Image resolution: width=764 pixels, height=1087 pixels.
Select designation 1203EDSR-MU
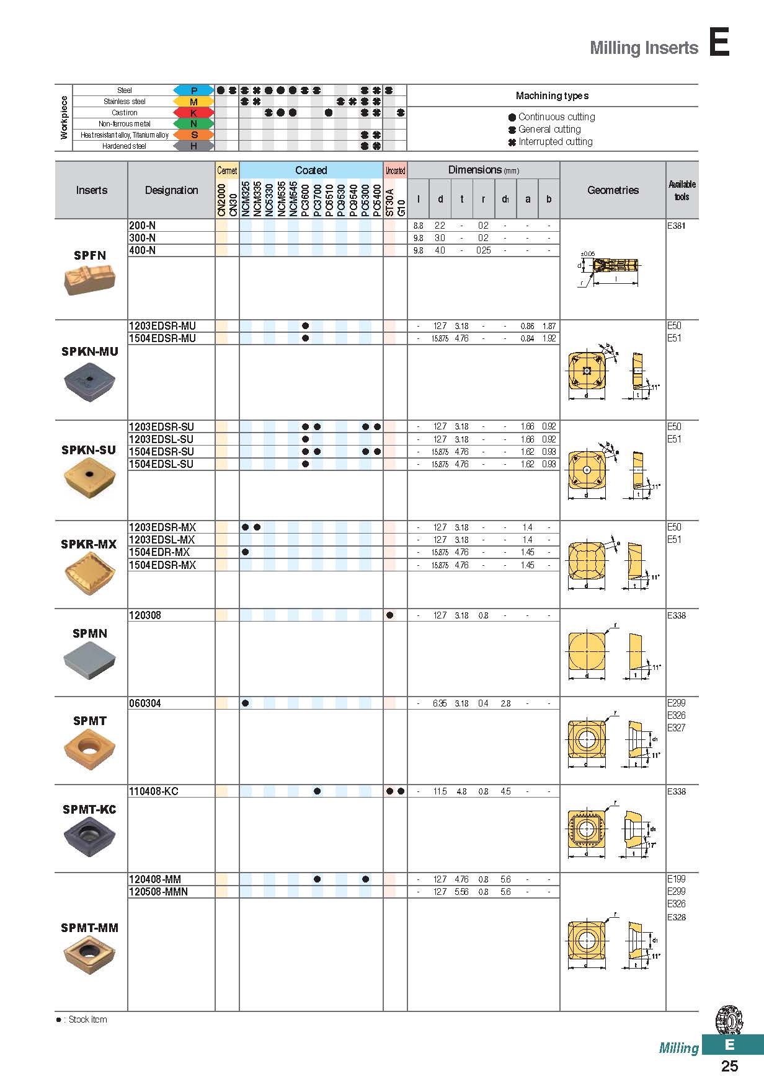click(162, 326)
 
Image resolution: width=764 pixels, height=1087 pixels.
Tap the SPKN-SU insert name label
click(89, 450)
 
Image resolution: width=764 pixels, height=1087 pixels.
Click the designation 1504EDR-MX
click(159, 552)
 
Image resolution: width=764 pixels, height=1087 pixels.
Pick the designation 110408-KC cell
click(154, 791)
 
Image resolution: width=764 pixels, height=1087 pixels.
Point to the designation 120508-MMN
click(158, 892)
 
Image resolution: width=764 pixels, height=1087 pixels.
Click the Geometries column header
click(613, 190)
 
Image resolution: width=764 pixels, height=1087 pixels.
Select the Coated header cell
click(311, 170)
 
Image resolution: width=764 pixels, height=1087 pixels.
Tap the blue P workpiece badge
click(193, 90)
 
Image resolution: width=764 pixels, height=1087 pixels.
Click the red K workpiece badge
click(193, 113)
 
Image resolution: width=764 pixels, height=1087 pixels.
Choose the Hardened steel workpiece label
click(124, 146)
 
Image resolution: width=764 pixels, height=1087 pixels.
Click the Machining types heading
click(552, 95)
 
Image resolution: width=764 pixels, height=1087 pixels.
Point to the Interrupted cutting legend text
click(555, 142)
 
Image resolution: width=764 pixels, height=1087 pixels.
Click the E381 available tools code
click(677, 226)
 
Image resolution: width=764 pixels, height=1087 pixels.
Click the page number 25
click(729, 1066)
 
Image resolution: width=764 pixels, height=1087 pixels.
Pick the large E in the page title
click(719, 43)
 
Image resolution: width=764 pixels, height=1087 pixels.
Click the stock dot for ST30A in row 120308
click(389, 615)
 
